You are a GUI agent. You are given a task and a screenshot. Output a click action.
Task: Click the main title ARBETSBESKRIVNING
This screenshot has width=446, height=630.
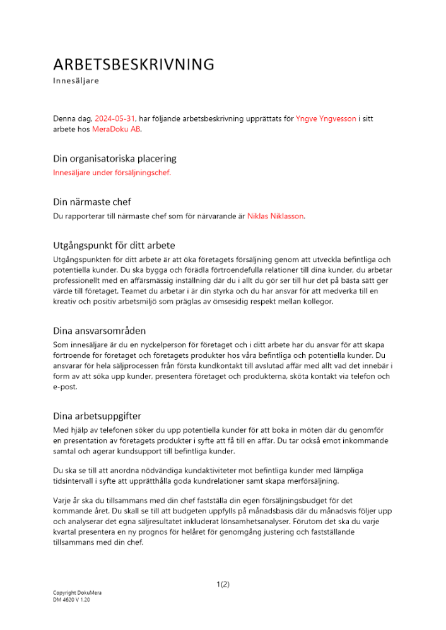[134, 64]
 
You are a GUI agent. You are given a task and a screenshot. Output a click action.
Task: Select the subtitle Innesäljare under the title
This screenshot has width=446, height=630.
[76, 81]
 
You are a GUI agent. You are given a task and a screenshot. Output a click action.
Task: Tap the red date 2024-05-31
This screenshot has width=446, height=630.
[115, 118]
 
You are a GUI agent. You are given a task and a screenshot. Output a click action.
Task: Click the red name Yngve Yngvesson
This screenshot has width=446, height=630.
[326, 118]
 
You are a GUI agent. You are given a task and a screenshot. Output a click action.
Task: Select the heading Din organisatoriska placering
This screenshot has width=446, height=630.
[115, 158]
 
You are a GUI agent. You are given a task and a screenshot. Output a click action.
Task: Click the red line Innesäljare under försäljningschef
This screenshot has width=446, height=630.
[112, 172]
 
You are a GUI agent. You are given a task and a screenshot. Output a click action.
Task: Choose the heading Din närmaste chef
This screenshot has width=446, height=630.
[92, 202]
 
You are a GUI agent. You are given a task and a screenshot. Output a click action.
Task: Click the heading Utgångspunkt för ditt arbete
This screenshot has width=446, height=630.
[114, 245]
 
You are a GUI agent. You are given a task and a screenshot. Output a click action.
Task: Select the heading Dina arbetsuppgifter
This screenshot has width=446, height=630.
[97, 416]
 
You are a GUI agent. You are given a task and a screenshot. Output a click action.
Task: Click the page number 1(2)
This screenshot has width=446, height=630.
[223, 584]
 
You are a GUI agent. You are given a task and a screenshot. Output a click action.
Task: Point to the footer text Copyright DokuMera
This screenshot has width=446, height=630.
[77, 593]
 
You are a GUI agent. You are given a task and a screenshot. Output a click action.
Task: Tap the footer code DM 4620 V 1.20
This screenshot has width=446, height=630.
[71, 600]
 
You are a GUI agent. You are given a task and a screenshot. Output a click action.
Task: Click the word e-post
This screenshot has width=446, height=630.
[64, 387]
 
